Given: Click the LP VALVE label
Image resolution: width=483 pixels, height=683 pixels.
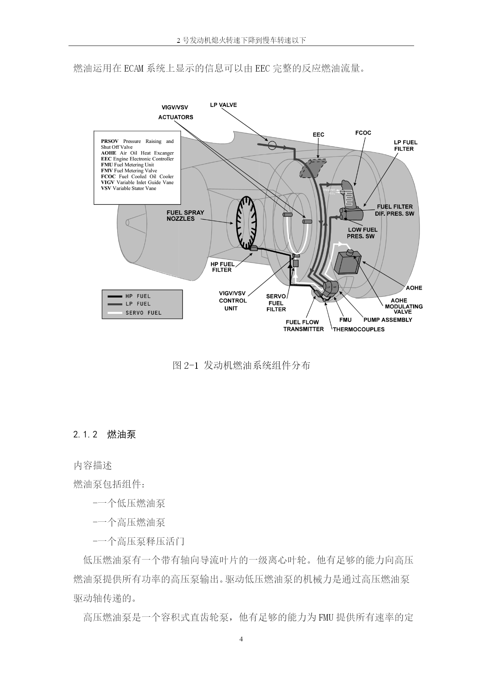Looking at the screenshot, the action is coord(223,105).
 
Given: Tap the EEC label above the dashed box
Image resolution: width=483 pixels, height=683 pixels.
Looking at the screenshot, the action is coord(318,135).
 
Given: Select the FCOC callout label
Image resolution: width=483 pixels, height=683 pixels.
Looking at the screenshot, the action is coord(363,133).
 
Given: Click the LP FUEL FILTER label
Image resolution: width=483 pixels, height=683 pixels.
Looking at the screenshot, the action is coord(406,146).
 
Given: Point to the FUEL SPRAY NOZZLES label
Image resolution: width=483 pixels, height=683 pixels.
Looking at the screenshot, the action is coord(185,216).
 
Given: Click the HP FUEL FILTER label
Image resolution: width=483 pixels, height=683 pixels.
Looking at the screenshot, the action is coord(223,267).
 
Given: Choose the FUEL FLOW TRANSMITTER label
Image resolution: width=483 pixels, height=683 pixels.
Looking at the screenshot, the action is coord(304,326).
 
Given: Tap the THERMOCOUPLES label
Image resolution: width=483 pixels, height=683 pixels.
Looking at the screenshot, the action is coord(358,329).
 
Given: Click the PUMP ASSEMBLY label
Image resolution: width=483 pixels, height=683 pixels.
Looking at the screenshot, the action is coord(388,320).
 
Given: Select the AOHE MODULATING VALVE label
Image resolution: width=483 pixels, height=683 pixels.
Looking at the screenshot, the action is coord(404,306).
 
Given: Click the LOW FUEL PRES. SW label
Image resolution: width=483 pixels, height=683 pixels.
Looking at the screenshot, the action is coord(362,233).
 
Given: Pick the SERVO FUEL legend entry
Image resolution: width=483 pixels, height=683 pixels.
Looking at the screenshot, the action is coord(137,313).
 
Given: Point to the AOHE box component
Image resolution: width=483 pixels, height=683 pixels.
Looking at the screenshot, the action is coord(347,263).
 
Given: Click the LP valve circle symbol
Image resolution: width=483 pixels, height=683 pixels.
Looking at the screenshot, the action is coord(272,146).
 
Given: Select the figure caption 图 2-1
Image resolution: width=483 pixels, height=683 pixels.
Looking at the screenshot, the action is coord(241,365).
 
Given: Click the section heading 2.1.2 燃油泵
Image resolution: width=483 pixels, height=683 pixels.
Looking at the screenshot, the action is coord(104,435).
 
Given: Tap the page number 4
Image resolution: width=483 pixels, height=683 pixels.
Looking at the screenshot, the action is coord(241,639).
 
